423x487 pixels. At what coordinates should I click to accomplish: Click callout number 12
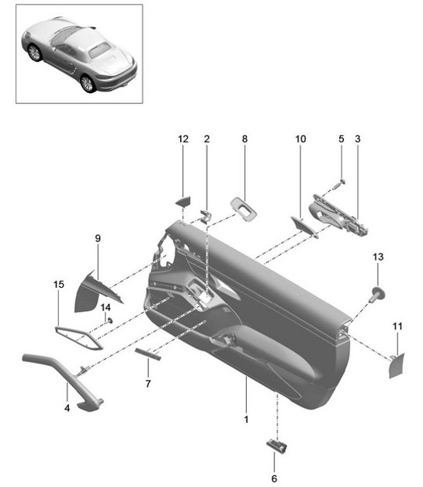pos(183,140)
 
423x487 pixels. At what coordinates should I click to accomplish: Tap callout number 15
pos(58,286)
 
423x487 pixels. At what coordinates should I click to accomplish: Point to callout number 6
pos(273,478)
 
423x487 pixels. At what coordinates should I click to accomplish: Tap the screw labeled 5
pos(341,184)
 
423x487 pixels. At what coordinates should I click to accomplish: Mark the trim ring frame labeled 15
pos(78,339)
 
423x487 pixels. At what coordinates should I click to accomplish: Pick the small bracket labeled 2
pos(206,215)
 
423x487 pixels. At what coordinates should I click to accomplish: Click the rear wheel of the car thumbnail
pos(88,82)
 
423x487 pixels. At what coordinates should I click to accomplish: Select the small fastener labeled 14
pos(110,320)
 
